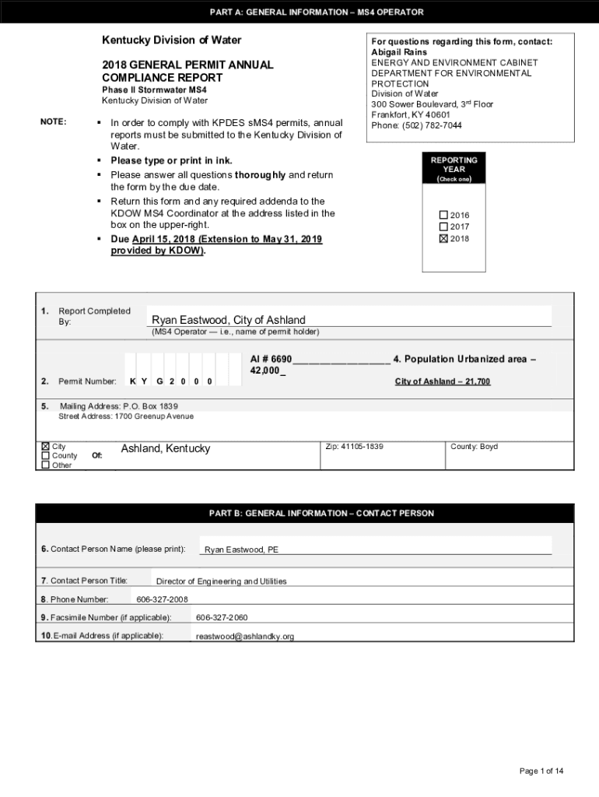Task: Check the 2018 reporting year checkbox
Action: pyautogui.click(x=444, y=239)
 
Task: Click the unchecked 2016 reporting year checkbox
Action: pyautogui.click(x=444, y=215)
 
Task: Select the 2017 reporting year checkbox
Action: pyautogui.click(x=444, y=226)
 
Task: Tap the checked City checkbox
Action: pyautogui.click(x=45, y=447)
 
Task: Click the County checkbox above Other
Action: pyautogui.click(x=45, y=456)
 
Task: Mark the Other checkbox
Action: pyautogui.click(x=45, y=465)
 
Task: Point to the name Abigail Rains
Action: pyautogui.click(x=399, y=52)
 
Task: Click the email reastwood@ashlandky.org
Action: pyautogui.click(x=245, y=637)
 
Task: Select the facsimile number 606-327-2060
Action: pyautogui.click(x=222, y=617)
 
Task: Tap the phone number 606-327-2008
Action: pyautogui.click(x=162, y=599)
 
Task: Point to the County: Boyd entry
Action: pyautogui.click(x=474, y=447)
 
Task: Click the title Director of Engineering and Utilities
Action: pyautogui.click(x=221, y=581)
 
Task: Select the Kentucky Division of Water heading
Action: pyautogui.click(x=172, y=40)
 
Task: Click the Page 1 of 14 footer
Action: pyautogui.click(x=541, y=771)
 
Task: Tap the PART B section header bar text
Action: pyautogui.click(x=321, y=514)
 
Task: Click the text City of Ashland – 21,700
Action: pyautogui.click(x=443, y=381)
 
